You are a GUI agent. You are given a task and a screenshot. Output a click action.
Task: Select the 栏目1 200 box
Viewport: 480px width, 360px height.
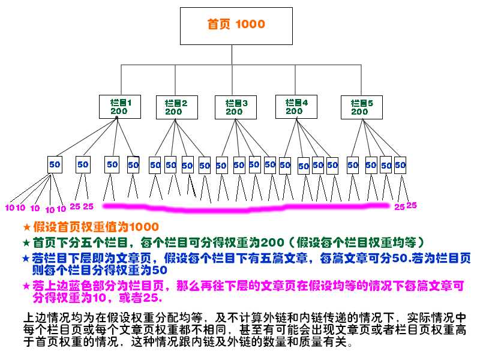pos(119,107)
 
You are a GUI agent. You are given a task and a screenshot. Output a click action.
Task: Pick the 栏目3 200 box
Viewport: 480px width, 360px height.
pos(235,107)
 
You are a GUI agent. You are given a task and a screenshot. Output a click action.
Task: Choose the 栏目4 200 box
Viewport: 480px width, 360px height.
pos(296,107)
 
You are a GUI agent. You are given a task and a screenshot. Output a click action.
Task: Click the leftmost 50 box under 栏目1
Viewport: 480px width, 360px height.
pos(55,164)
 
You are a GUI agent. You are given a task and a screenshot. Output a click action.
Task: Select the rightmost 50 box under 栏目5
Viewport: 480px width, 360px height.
pos(400,164)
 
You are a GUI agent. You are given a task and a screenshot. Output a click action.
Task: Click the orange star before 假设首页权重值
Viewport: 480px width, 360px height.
pos(26,227)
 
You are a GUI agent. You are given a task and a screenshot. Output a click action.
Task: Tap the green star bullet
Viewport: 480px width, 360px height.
pos(26,243)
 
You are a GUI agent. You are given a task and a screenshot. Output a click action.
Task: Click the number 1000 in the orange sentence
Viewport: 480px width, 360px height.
pos(145,227)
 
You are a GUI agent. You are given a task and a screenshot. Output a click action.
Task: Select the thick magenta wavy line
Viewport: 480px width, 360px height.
pos(246,208)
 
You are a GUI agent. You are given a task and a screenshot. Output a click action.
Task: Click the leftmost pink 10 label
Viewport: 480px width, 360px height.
pos(9,208)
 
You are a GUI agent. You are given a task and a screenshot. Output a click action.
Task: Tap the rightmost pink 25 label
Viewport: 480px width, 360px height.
pos(412,205)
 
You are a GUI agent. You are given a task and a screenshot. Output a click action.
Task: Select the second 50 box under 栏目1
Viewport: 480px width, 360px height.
pos(83,164)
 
